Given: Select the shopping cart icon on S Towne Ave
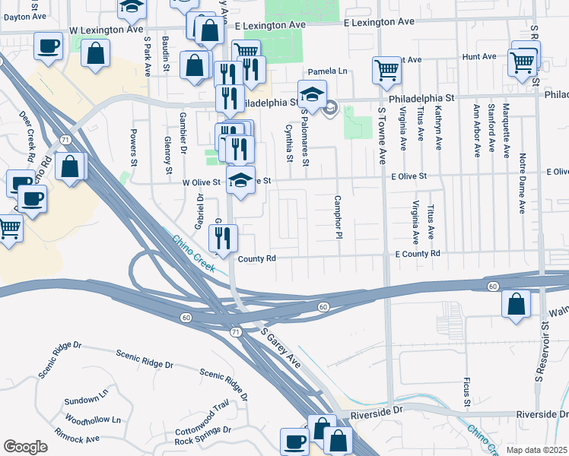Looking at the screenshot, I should click(386, 70).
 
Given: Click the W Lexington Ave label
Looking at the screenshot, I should click(106, 30).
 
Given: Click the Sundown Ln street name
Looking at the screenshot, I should click(87, 400).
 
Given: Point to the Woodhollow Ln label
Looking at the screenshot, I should click(93, 420).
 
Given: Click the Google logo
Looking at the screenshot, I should click(25, 447).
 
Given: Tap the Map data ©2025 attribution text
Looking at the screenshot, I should click(536, 450).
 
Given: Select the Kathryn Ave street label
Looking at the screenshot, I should click(439, 131).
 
